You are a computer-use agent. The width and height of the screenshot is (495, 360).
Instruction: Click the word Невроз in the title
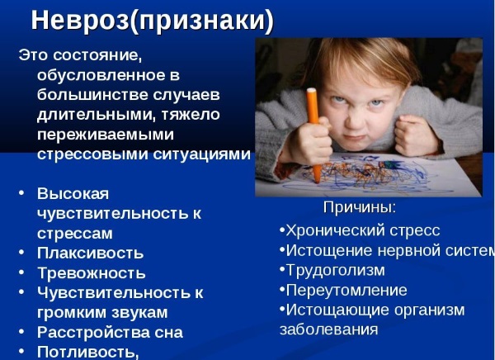coord(80,21)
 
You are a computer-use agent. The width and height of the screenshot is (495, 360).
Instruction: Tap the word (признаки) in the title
coord(202,21)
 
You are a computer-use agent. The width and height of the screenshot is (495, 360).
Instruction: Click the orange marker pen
coord(313,135)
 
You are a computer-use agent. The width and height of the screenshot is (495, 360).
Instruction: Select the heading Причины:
coord(360,207)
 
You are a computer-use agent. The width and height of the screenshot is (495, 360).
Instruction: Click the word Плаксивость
coord(90,253)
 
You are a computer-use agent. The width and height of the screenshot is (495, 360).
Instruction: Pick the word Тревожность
coord(92,273)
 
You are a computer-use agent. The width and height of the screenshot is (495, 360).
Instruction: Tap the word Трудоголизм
coord(336,270)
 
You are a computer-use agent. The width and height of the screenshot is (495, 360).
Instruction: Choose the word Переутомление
coord(346,290)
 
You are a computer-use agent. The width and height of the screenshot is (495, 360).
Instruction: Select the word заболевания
coord(329,329)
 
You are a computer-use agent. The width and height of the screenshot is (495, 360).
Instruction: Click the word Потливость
coord(86,352)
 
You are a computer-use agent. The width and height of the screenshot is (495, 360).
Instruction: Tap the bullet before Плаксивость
coord(21,253)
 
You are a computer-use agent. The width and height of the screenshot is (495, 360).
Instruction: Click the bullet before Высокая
coord(21,192)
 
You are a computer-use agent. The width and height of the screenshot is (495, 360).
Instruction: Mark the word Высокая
coord(73,194)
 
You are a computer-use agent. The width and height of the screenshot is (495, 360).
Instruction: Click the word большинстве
coord(92,95)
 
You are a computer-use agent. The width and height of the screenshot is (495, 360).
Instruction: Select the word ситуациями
coord(202,154)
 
